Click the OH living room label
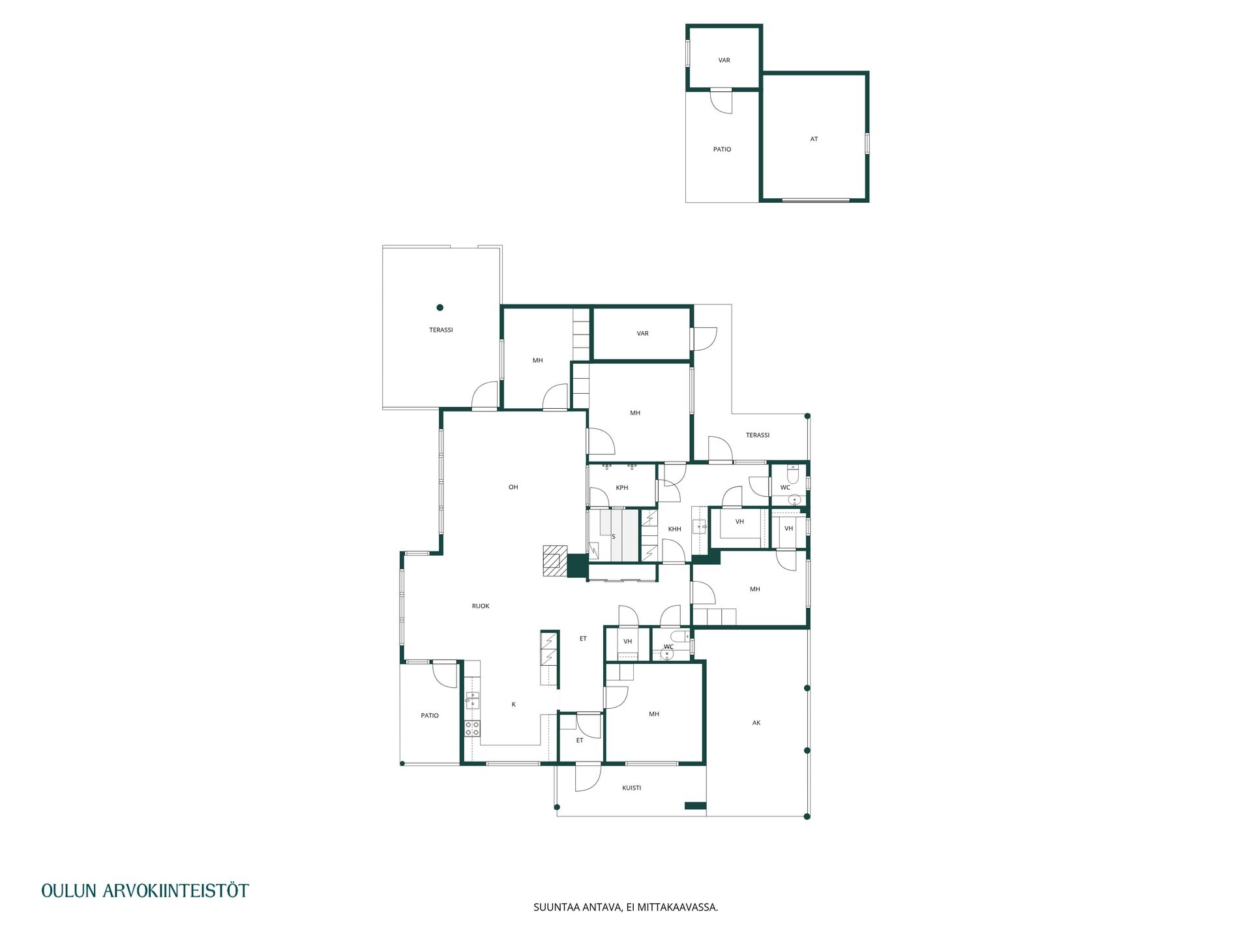pos(513,487)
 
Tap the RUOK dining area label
pos(481,606)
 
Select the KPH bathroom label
pos(622,488)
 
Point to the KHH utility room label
pos(675,529)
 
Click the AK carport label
pos(756,723)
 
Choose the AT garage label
pos(814,139)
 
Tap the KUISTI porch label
pos(631,788)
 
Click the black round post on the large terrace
pos(440,308)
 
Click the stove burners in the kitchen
pos(472,729)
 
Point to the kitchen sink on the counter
pos(472,702)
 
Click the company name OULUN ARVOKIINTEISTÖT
pos(145,891)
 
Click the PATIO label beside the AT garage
pos(722,149)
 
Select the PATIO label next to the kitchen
pos(430,715)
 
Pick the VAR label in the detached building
pos(724,60)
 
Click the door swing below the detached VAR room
pos(721,101)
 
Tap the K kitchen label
pos(514,704)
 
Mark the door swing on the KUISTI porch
pos(588,778)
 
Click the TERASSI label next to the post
pos(441,330)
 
